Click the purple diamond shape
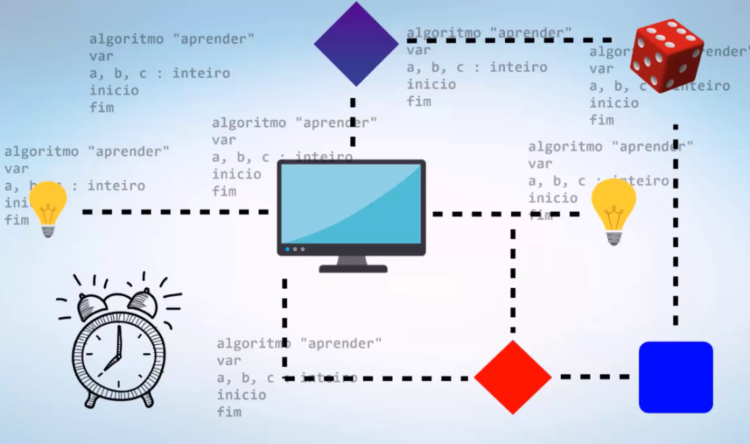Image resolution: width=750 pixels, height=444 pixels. point(355,43)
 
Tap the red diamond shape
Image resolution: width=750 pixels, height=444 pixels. point(513,376)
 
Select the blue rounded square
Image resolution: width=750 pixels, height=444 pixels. point(675,376)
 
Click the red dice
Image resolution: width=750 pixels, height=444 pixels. point(666,56)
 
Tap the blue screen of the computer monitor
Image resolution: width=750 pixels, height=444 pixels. point(351,203)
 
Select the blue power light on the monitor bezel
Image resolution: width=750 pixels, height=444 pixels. point(287,248)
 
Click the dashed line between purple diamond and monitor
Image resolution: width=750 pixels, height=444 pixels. point(352,120)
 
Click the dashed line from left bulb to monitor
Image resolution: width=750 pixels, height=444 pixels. point(172,212)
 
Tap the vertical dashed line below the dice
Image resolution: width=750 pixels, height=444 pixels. point(676,225)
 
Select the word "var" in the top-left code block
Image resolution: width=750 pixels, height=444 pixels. point(101,56)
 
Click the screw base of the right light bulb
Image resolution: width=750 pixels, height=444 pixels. point(614,238)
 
